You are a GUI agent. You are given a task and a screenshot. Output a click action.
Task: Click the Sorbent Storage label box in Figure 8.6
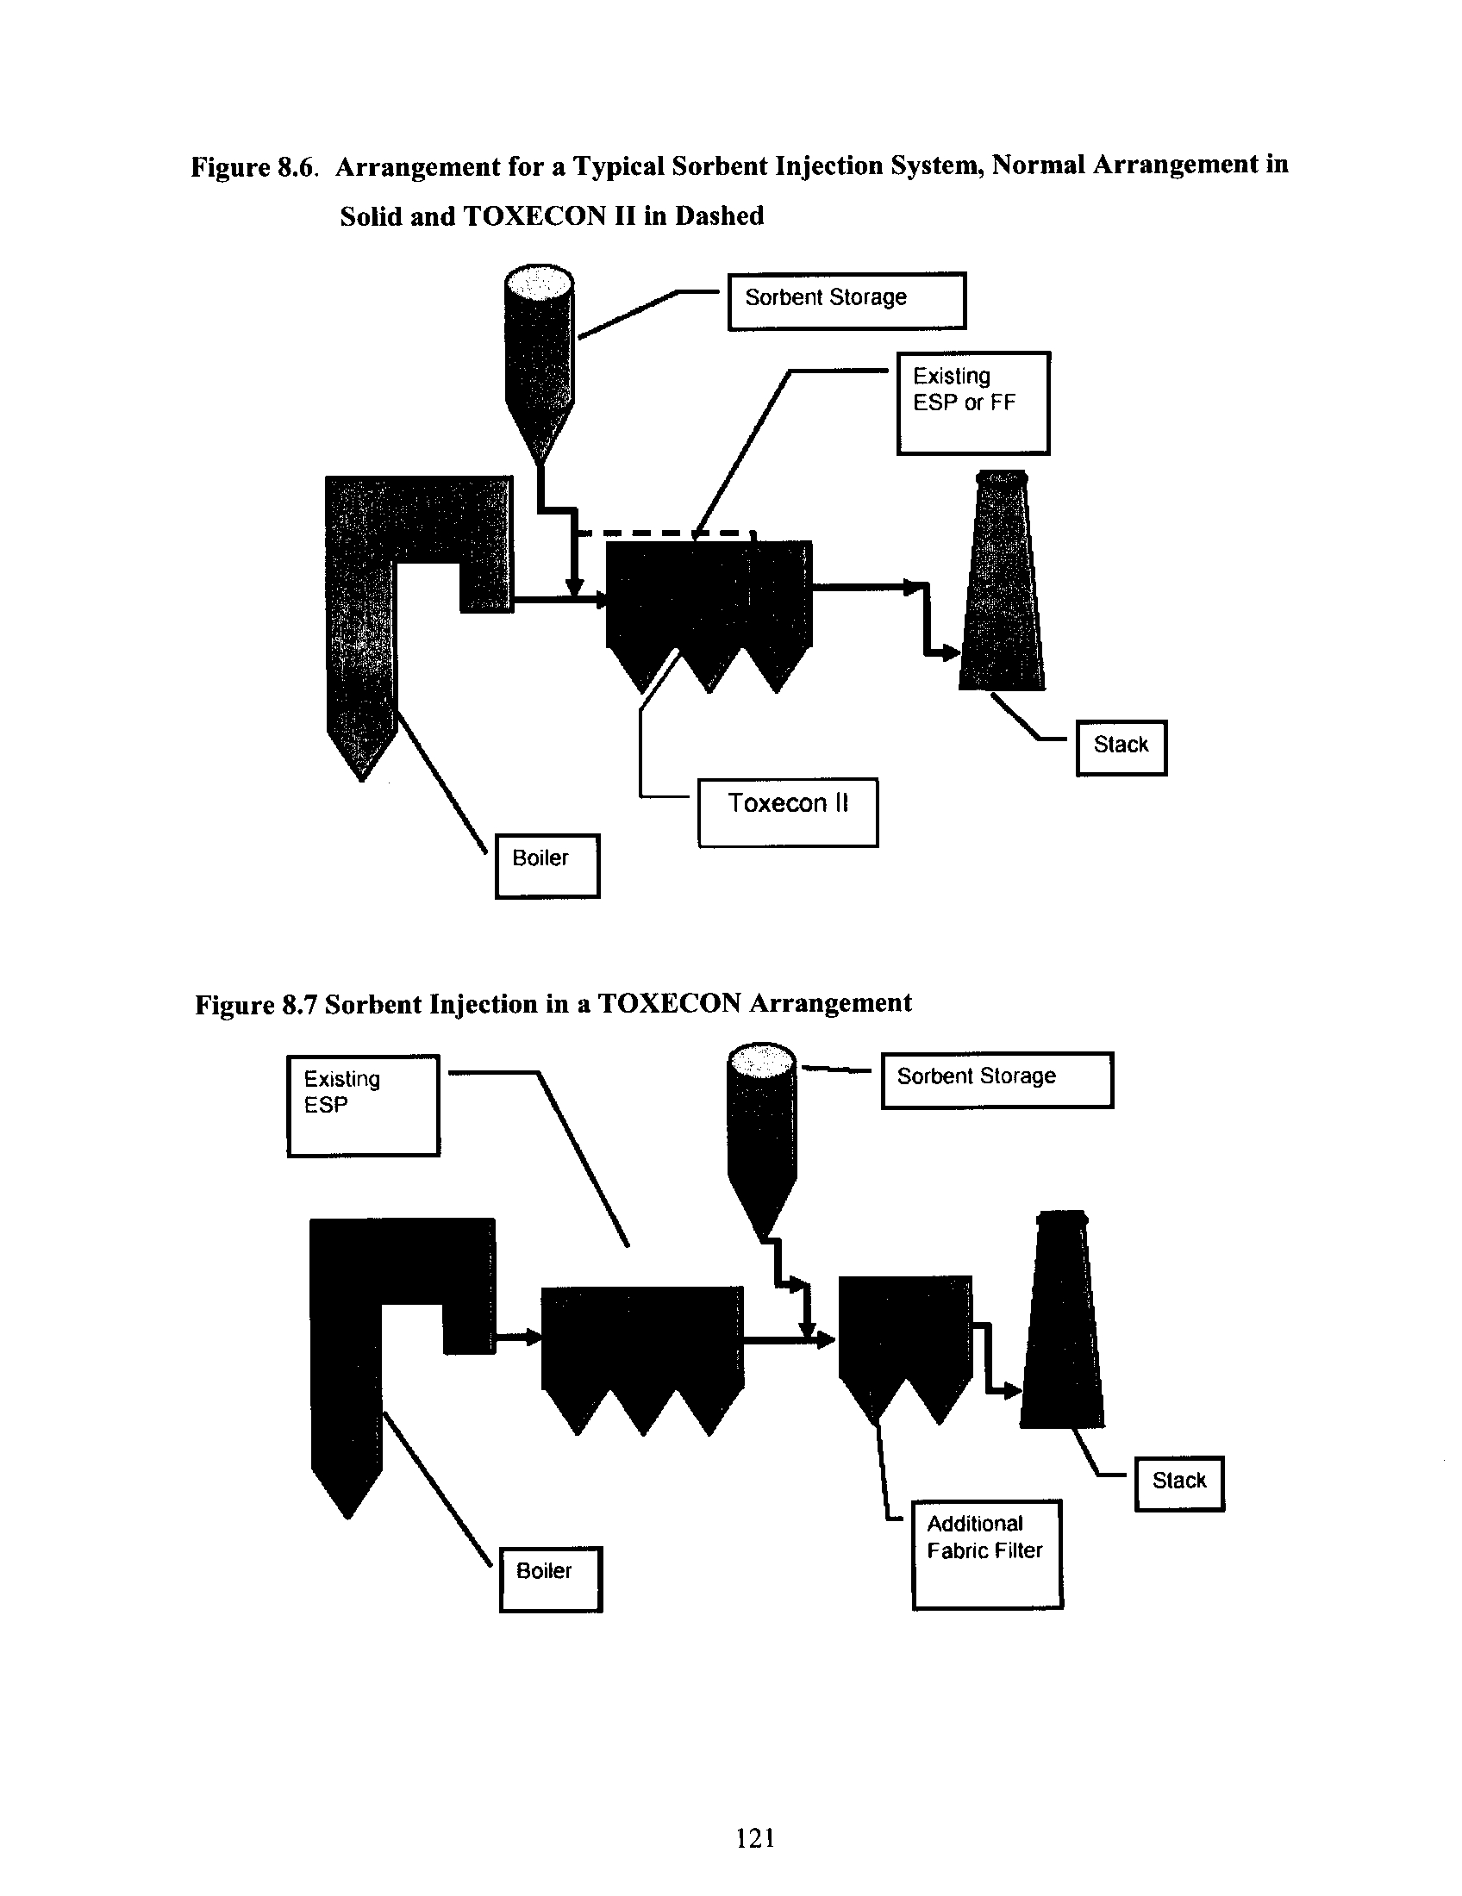(x=847, y=302)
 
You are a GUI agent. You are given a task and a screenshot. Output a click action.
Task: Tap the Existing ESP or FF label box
(x=973, y=402)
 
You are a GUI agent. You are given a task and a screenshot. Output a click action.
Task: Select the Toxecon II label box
(x=788, y=813)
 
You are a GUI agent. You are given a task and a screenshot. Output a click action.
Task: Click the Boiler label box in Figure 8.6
(x=547, y=865)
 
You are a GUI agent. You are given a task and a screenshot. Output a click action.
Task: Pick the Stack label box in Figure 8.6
(x=1121, y=747)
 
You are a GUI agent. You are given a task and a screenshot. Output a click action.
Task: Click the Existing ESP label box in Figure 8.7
(x=364, y=1105)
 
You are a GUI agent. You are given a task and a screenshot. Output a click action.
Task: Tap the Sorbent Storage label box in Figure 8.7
(x=997, y=1080)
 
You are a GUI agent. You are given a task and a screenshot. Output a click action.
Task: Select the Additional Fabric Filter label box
(x=987, y=1555)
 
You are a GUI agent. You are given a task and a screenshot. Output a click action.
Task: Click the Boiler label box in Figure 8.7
(x=551, y=1579)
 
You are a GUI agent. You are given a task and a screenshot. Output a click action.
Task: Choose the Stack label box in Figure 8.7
(x=1180, y=1484)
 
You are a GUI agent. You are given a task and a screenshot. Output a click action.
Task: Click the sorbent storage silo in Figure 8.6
(x=538, y=365)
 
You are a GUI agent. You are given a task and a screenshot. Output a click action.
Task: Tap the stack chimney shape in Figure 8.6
(x=1002, y=581)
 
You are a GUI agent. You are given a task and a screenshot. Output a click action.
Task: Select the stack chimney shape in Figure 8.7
(x=1062, y=1319)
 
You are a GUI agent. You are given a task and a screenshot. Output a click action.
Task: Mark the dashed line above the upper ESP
(x=666, y=533)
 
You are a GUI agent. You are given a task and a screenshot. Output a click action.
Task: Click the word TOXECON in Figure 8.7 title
(x=669, y=1003)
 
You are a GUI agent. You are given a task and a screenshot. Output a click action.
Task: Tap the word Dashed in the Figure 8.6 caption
(x=720, y=216)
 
